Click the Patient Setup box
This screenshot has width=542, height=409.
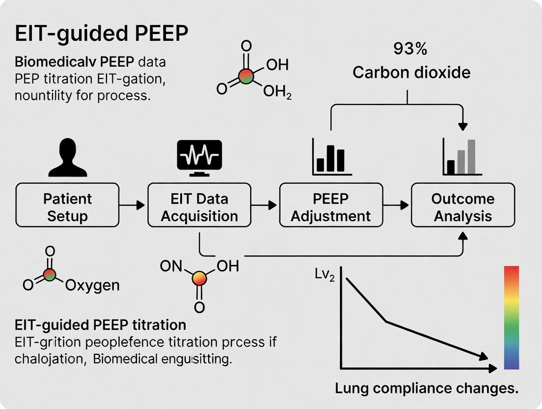68,205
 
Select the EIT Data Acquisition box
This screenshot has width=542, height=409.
199,205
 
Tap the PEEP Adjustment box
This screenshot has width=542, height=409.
330,205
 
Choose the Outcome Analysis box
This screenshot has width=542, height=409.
462,205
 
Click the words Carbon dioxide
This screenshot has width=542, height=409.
411,73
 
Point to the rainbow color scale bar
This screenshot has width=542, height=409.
511,317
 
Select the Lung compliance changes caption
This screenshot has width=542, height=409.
427,388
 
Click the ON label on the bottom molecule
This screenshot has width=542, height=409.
170,266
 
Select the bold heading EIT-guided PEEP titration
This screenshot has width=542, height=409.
100,325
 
